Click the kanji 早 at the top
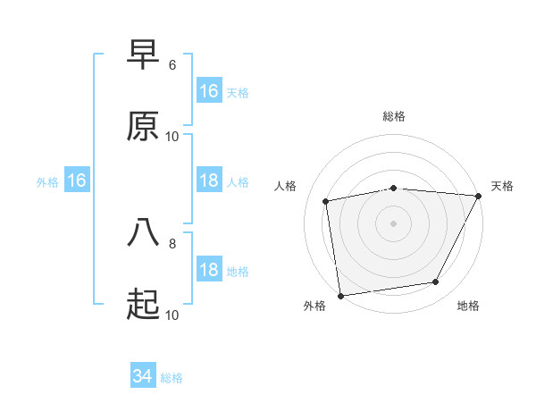tap(143, 55)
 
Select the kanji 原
tap(143, 127)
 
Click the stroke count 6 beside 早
tap(172, 65)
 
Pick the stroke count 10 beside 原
tap(172, 137)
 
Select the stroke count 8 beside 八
tap(172, 242)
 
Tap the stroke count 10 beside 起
tap(172, 315)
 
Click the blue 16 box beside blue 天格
tap(209, 91)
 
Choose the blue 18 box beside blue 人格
tap(209, 181)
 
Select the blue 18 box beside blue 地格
tap(209, 271)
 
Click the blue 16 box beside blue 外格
tap(77, 181)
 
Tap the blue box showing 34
tap(143, 376)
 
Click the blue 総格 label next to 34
tap(172, 378)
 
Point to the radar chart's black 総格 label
tap(394, 116)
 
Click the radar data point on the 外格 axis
tap(340, 295)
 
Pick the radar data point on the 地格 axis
tap(436, 281)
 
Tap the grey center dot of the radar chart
tap(394, 223)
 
